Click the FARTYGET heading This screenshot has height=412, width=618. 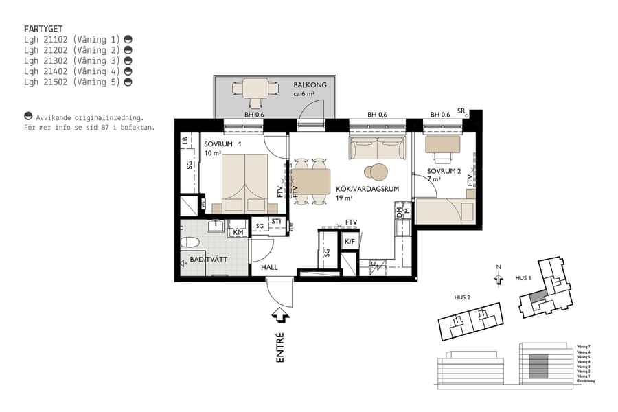click(43, 29)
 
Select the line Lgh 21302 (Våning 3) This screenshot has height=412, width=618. click(72, 60)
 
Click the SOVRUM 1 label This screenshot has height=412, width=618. click(223, 144)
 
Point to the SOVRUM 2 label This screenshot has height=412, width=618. click(444, 171)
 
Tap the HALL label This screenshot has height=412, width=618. click(270, 267)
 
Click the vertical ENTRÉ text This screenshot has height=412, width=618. click(280, 347)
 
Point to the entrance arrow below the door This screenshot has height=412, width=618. click(280, 314)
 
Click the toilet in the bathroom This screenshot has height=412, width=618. click(192, 242)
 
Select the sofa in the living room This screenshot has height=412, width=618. click(377, 148)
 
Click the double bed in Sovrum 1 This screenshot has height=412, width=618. click(244, 182)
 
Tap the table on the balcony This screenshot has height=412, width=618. click(255, 89)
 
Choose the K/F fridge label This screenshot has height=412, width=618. click(350, 242)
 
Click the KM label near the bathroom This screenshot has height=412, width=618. click(238, 233)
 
